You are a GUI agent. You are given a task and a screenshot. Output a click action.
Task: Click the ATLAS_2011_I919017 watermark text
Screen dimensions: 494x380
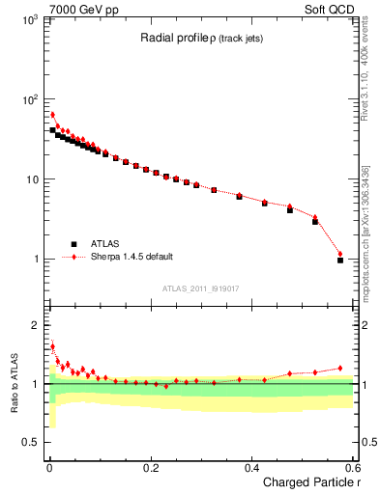200,288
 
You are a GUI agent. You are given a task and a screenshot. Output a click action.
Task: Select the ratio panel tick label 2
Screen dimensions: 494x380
36,324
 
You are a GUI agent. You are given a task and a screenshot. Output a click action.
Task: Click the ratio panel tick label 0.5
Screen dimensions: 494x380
31,443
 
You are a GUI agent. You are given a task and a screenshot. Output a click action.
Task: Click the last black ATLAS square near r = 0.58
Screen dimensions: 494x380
340,260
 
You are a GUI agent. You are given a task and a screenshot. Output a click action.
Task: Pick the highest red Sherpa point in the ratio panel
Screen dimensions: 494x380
52,345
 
